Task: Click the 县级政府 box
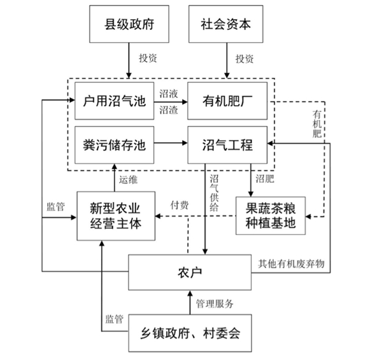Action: coord(129,25)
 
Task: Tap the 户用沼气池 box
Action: coord(115,101)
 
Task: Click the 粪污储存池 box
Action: coord(115,145)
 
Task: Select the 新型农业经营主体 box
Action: coord(117,215)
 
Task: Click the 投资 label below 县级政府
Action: coord(148,59)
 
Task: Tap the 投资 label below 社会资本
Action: coord(245,59)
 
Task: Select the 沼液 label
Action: coord(168,93)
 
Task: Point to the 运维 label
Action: coord(129,180)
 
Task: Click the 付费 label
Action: coord(179,206)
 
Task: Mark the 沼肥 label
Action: coord(265,181)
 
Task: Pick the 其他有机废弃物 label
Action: coord(292,263)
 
